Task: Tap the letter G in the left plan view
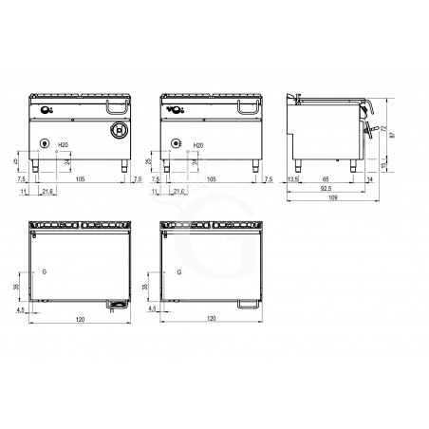45,271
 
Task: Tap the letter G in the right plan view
177,271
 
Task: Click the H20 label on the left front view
64,145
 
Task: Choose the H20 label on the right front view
196,145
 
